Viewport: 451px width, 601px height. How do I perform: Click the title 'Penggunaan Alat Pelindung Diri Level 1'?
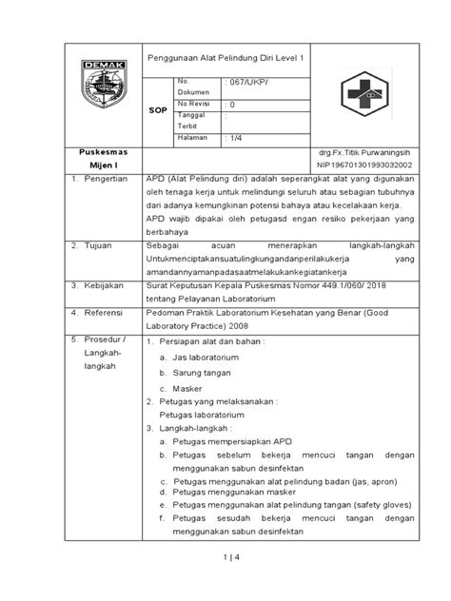pyautogui.click(x=229, y=59)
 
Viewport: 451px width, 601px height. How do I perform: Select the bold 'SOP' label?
pyautogui.click(x=158, y=111)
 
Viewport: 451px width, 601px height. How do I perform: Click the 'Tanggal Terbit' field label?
pyautogui.click(x=193, y=121)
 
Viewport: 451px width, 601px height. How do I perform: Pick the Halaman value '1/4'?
pyautogui.click(x=232, y=138)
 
